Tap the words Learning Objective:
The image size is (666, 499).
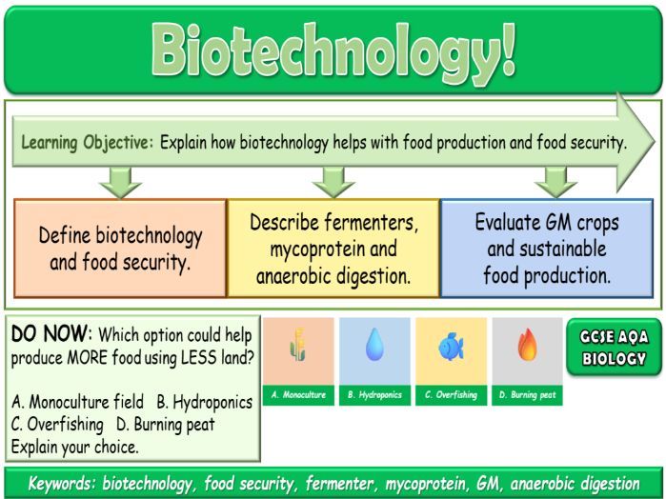coord(86,144)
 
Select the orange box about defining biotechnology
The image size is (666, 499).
coord(120,248)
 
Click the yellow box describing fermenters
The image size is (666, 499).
coord(333,248)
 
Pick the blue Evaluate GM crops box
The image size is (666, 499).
coord(546,248)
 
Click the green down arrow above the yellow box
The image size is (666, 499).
coord(333,180)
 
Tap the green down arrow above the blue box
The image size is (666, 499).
coord(555,180)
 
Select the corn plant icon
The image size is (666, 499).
coord(298,349)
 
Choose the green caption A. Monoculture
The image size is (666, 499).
coord(298,394)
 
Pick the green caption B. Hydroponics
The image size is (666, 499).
coord(374,394)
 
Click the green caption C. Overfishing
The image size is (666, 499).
coord(451,394)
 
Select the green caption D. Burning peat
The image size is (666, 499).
coord(527,394)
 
